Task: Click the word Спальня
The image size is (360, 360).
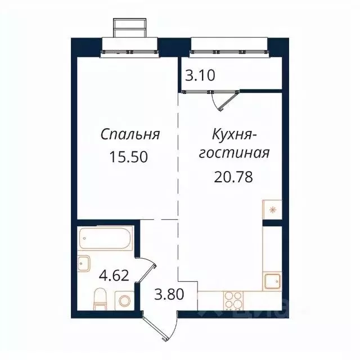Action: click(x=130, y=135)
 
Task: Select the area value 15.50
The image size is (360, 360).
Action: click(x=130, y=157)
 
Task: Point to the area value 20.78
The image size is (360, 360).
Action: click(x=233, y=177)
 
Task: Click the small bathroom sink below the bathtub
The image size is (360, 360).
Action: click(x=84, y=263)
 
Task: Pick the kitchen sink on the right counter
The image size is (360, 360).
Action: click(x=272, y=280)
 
